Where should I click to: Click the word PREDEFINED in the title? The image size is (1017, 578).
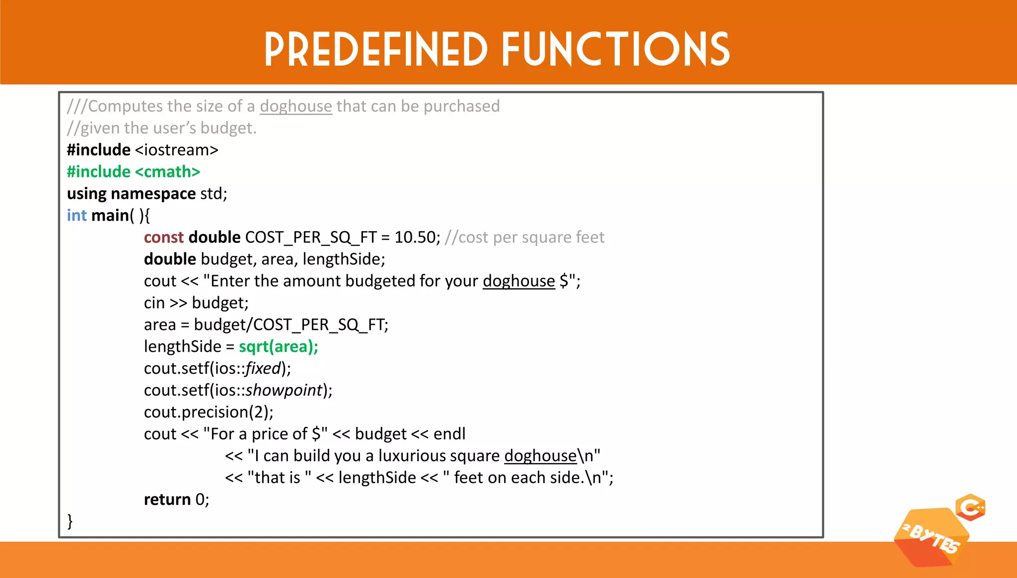[x=376, y=49]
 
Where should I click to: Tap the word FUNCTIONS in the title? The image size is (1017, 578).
[x=616, y=49]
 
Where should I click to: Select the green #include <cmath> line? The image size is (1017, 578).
[x=133, y=172]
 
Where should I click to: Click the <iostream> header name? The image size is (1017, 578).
[x=176, y=150]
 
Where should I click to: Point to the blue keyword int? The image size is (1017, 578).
[x=76, y=216]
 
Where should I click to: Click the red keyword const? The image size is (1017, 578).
[x=163, y=238]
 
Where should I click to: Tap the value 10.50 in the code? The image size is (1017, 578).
[x=415, y=238]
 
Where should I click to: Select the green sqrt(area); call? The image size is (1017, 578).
[x=278, y=347]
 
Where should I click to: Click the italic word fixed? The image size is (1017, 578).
[x=263, y=369]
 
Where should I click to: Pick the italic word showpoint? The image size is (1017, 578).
[x=284, y=391]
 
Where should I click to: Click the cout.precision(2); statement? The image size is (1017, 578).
[x=209, y=413]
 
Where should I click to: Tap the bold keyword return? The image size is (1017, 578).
[x=167, y=499]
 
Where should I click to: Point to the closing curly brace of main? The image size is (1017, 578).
[x=70, y=521]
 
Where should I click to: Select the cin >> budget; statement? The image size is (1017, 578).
[x=196, y=303]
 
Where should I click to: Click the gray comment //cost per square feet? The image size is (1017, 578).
[x=524, y=238]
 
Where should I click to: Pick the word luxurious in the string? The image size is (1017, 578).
[x=439, y=456]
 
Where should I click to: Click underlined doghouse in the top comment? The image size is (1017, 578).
[x=295, y=106]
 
